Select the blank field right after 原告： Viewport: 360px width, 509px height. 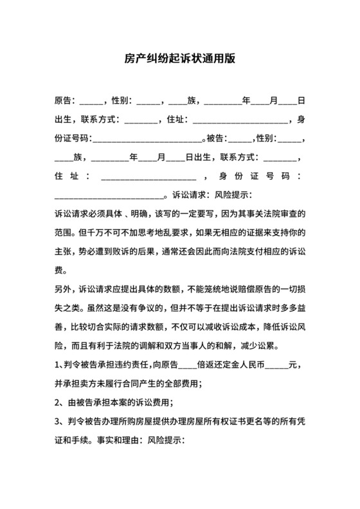[90, 101]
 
